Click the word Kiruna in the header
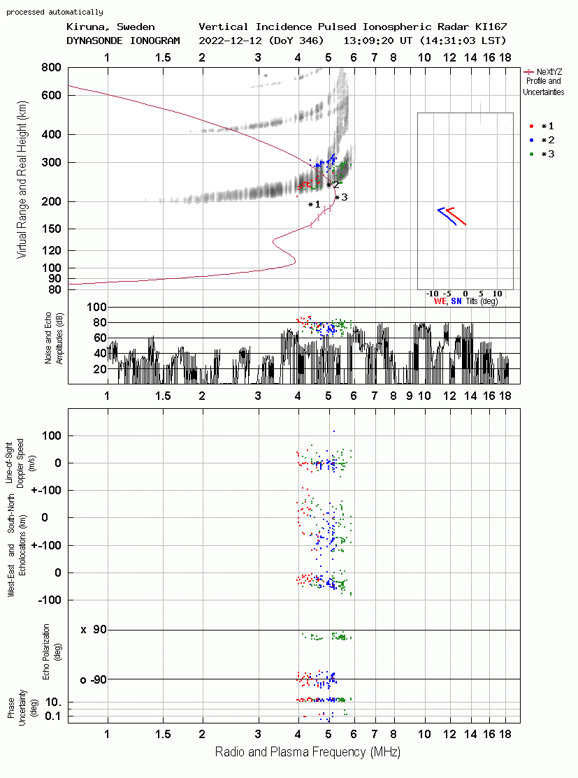[x=86, y=27]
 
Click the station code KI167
[x=491, y=27]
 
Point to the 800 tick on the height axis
[x=51, y=67]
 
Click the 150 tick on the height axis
[x=51, y=229]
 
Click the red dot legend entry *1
[x=542, y=126]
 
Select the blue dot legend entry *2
[x=542, y=140]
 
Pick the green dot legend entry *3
[x=542, y=154]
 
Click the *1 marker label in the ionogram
[x=314, y=204]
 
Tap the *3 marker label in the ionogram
[x=341, y=198]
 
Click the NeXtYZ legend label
[x=549, y=72]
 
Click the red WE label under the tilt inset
[x=440, y=301]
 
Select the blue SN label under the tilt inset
[x=456, y=301]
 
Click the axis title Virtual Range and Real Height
[x=22, y=180]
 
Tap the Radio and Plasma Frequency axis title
[x=308, y=752]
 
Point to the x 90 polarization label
[x=94, y=630]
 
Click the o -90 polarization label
[x=94, y=679]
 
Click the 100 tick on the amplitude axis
[x=96, y=307]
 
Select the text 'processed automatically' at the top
[x=55, y=12]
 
